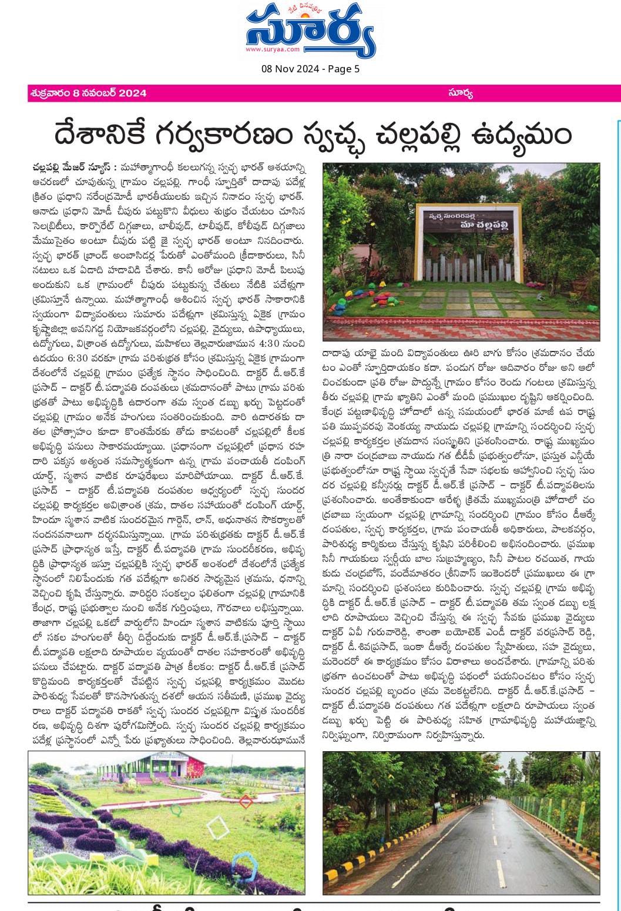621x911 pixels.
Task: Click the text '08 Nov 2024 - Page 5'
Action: pos(310,69)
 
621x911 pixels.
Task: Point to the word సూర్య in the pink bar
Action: pos(460,93)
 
